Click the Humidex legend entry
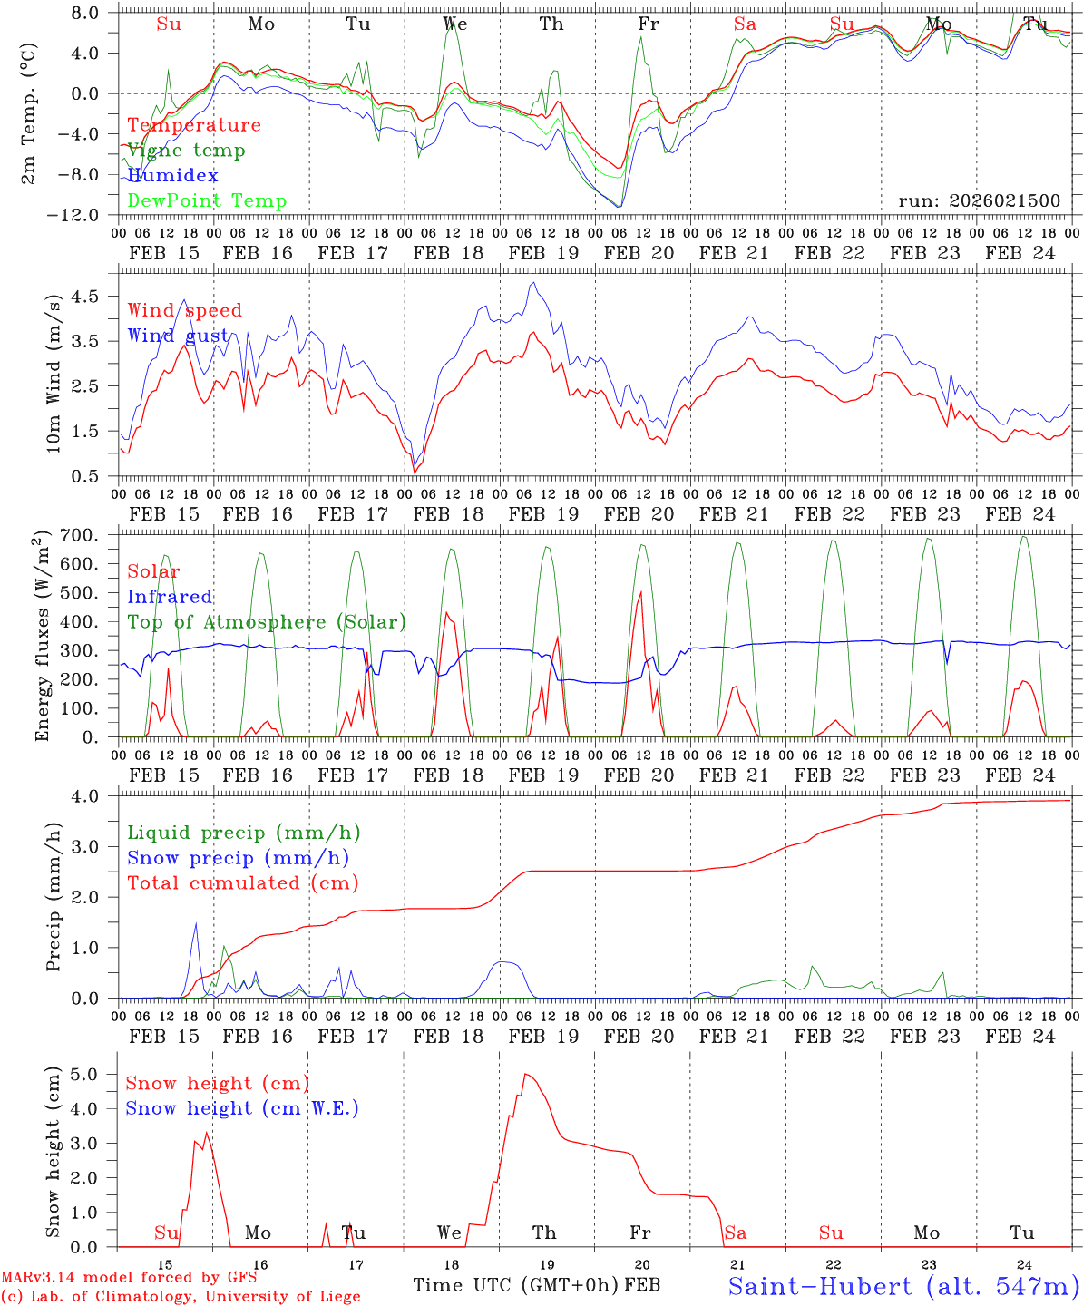(172, 176)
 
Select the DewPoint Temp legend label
(207, 201)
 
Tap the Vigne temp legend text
(186, 151)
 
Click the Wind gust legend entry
(178, 336)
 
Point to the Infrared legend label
(170, 597)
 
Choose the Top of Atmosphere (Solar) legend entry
(266, 622)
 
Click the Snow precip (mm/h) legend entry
(238, 858)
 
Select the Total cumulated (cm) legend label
(242, 882)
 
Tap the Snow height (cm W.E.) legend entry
(241, 1108)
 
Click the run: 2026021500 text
(979, 201)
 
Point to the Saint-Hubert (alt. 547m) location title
(902, 1286)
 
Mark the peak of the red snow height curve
(525, 1074)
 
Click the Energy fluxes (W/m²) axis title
(42, 638)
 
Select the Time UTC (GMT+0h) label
(515, 1285)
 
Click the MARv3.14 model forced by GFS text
(129, 1278)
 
